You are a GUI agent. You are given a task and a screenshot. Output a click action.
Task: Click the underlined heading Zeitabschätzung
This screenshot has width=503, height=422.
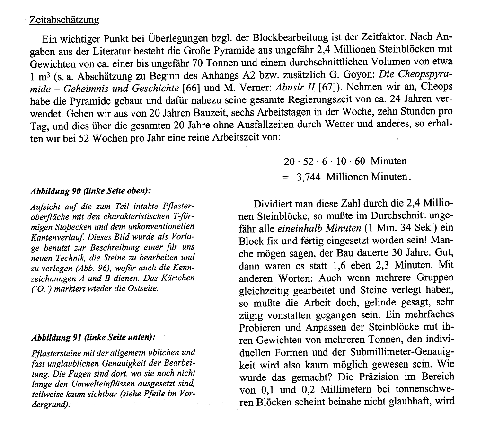64,20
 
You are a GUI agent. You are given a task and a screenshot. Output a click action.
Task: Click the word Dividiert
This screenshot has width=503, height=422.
273,204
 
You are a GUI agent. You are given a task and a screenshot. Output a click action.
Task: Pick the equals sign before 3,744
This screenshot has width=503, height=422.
285,177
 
